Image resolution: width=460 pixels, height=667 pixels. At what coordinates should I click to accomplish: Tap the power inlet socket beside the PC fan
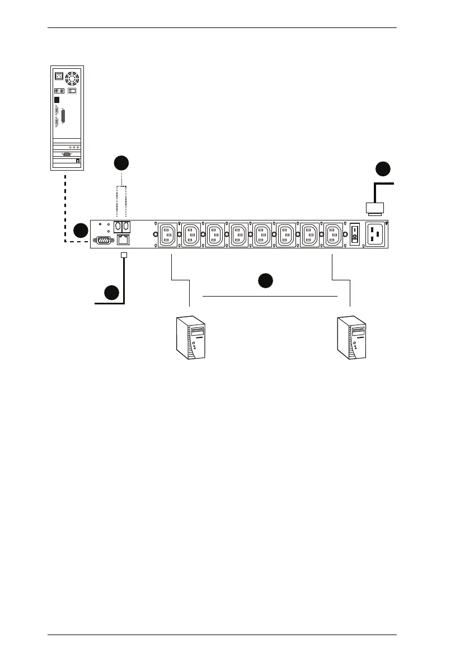tap(58, 75)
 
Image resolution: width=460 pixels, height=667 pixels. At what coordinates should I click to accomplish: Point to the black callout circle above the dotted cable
tap(121, 163)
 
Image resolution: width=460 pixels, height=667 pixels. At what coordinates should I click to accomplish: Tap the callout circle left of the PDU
tap(81, 230)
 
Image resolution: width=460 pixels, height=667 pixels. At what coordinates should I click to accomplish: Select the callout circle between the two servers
tap(265, 280)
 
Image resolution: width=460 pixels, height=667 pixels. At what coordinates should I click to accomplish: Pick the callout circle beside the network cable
tap(111, 292)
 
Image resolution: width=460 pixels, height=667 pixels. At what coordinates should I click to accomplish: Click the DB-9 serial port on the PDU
tap(103, 240)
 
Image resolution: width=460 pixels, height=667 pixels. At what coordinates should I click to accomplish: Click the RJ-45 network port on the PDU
tap(123, 240)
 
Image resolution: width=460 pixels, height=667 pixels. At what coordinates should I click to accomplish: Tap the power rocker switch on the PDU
tap(354, 236)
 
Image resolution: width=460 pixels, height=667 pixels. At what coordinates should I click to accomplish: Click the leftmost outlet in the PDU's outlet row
tap(168, 234)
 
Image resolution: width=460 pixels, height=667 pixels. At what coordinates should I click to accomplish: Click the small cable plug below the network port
tap(124, 255)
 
